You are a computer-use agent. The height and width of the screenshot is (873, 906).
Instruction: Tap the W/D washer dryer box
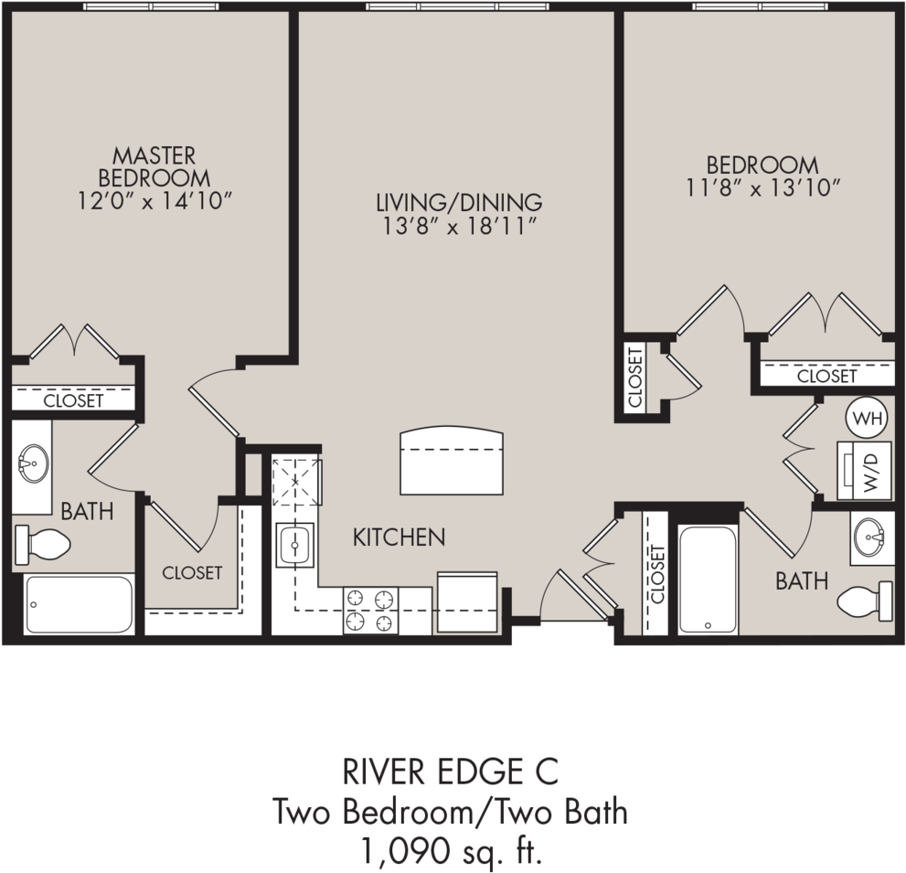[864, 471]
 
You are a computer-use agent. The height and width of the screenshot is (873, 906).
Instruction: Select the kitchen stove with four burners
[371, 611]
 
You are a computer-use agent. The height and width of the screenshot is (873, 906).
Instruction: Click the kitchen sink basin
[294, 545]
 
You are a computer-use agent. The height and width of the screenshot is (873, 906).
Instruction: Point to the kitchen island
[452, 461]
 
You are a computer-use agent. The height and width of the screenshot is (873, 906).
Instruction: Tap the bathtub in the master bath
[79, 604]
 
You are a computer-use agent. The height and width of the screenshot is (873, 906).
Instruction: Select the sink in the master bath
[33, 463]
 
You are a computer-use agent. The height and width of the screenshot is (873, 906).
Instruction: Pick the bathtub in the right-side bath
[708, 580]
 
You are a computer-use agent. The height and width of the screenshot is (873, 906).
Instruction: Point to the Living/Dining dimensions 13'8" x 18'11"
[460, 226]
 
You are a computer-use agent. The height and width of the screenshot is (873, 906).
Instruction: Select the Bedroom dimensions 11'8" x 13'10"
[762, 188]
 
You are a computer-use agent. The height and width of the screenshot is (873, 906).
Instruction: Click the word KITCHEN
[399, 538]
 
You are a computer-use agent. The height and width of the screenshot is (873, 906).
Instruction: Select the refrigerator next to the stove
[466, 602]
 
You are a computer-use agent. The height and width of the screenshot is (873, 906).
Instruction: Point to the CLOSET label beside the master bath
[192, 573]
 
